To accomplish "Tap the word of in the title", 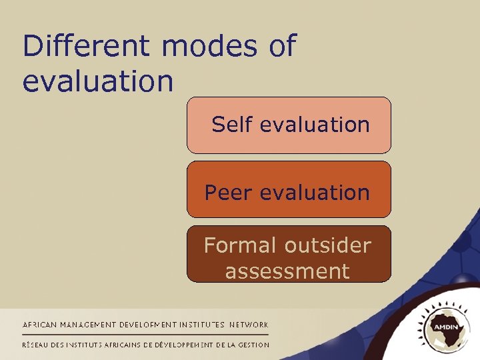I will tap(282, 47).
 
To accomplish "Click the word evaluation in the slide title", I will tap(98, 82).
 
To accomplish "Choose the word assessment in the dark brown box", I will tap(287, 271).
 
